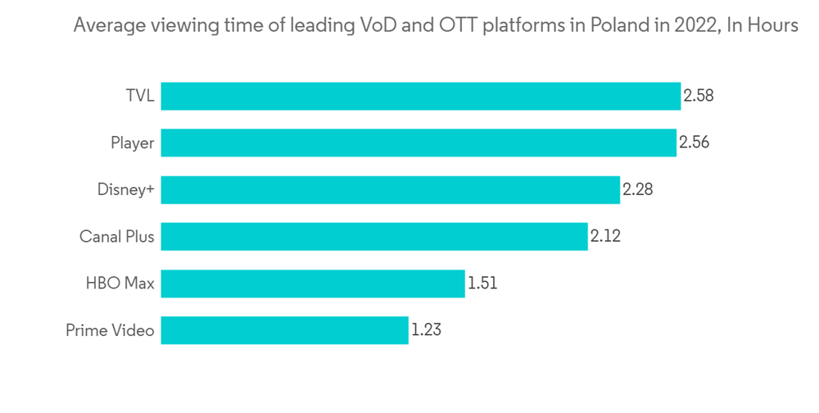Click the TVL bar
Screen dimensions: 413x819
pos(421,96)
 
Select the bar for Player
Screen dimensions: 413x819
pos(419,143)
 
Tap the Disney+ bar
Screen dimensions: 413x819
pos(390,190)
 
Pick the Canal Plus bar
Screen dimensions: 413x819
pos(374,237)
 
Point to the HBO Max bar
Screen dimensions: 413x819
pos(313,284)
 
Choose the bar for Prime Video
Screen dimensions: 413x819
pos(284,331)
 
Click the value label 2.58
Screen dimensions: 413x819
pos(699,96)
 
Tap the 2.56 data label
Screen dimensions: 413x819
pos(694,143)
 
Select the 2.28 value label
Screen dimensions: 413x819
pos(638,190)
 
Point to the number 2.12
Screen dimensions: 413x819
pos(606,237)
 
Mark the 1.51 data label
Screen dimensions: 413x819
pos(482,284)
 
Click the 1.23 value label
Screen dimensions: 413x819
pos(427,331)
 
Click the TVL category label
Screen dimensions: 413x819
pos(139,96)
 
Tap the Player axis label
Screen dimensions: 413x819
pos(133,143)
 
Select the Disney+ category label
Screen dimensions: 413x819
pos(125,190)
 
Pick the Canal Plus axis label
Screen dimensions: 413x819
pos(117,237)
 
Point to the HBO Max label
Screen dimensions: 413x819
pos(120,284)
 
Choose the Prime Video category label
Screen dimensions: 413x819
pos(110,331)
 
